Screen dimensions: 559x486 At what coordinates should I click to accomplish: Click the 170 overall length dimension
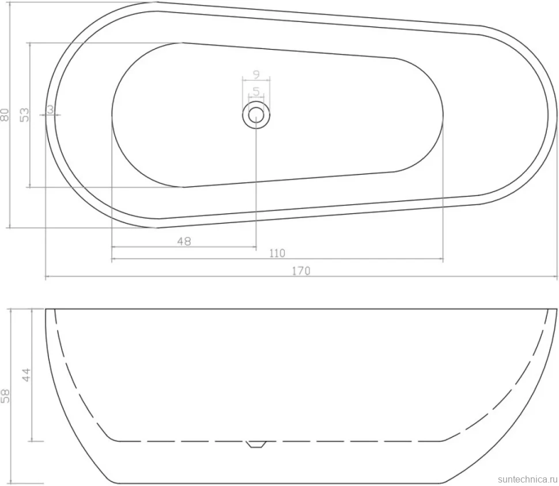click(x=301, y=271)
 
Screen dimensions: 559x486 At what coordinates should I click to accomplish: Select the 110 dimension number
click(x=277, y=253)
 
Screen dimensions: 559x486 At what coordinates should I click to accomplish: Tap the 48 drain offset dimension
click(x=184, y=242)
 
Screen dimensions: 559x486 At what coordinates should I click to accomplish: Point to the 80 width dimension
click(x=5, y=115)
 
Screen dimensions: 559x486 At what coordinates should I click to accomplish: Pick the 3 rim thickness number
click(x=50, y=110)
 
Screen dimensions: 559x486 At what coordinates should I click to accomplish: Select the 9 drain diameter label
click(x=256, y=74)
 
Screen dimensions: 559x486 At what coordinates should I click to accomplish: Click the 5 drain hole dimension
click(x=256, y=92)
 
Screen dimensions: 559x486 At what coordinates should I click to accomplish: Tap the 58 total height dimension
click(x=5, y=396)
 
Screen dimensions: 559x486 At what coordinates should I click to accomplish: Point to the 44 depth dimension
click(x=27, y=375)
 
